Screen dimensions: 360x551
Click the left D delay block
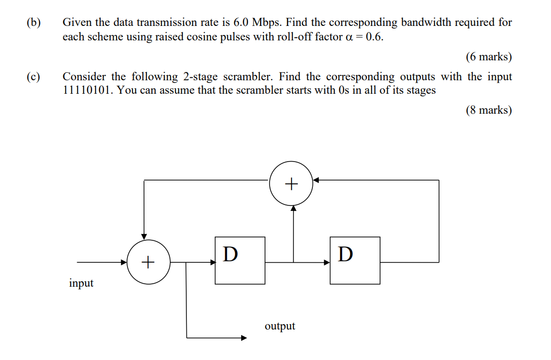[x=240, y=260]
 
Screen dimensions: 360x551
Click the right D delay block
[x=355, y=260]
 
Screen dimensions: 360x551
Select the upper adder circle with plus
[x=291, y=184]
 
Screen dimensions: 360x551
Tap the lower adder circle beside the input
[x=148, y=261]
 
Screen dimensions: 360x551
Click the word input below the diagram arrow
[x=81, y=283]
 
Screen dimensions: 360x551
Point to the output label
[x=280, y=326]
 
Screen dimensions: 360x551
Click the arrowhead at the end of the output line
[x=244, y=338]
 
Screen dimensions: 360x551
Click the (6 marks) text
[x=489, y=56]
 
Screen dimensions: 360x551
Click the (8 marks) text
[x=489, y=110]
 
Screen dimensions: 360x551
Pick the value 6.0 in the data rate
[x=241, y=22]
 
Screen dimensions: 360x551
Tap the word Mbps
[x=267, y=22]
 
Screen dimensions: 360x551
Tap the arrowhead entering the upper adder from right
[x=316, y=180]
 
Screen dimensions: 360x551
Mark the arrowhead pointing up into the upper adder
[x=293, y=208]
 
